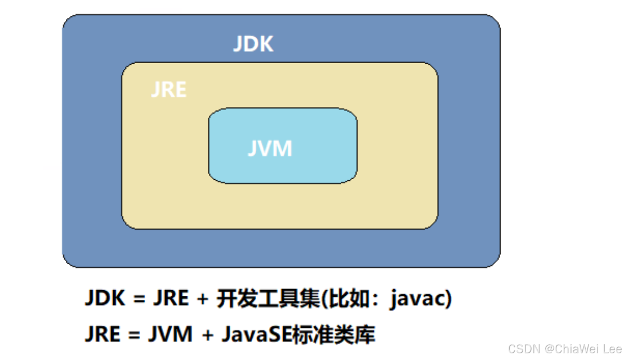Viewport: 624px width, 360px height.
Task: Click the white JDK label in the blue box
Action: click(253, 45)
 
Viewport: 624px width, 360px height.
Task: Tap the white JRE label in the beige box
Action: click(168, 90)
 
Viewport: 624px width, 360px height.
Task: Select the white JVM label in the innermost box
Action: click(270, 149)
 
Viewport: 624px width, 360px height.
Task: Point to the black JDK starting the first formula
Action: click(105, 298)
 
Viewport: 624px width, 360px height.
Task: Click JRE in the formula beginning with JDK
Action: click(171, 298)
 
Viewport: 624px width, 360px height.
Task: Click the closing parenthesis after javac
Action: click(448, 299)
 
